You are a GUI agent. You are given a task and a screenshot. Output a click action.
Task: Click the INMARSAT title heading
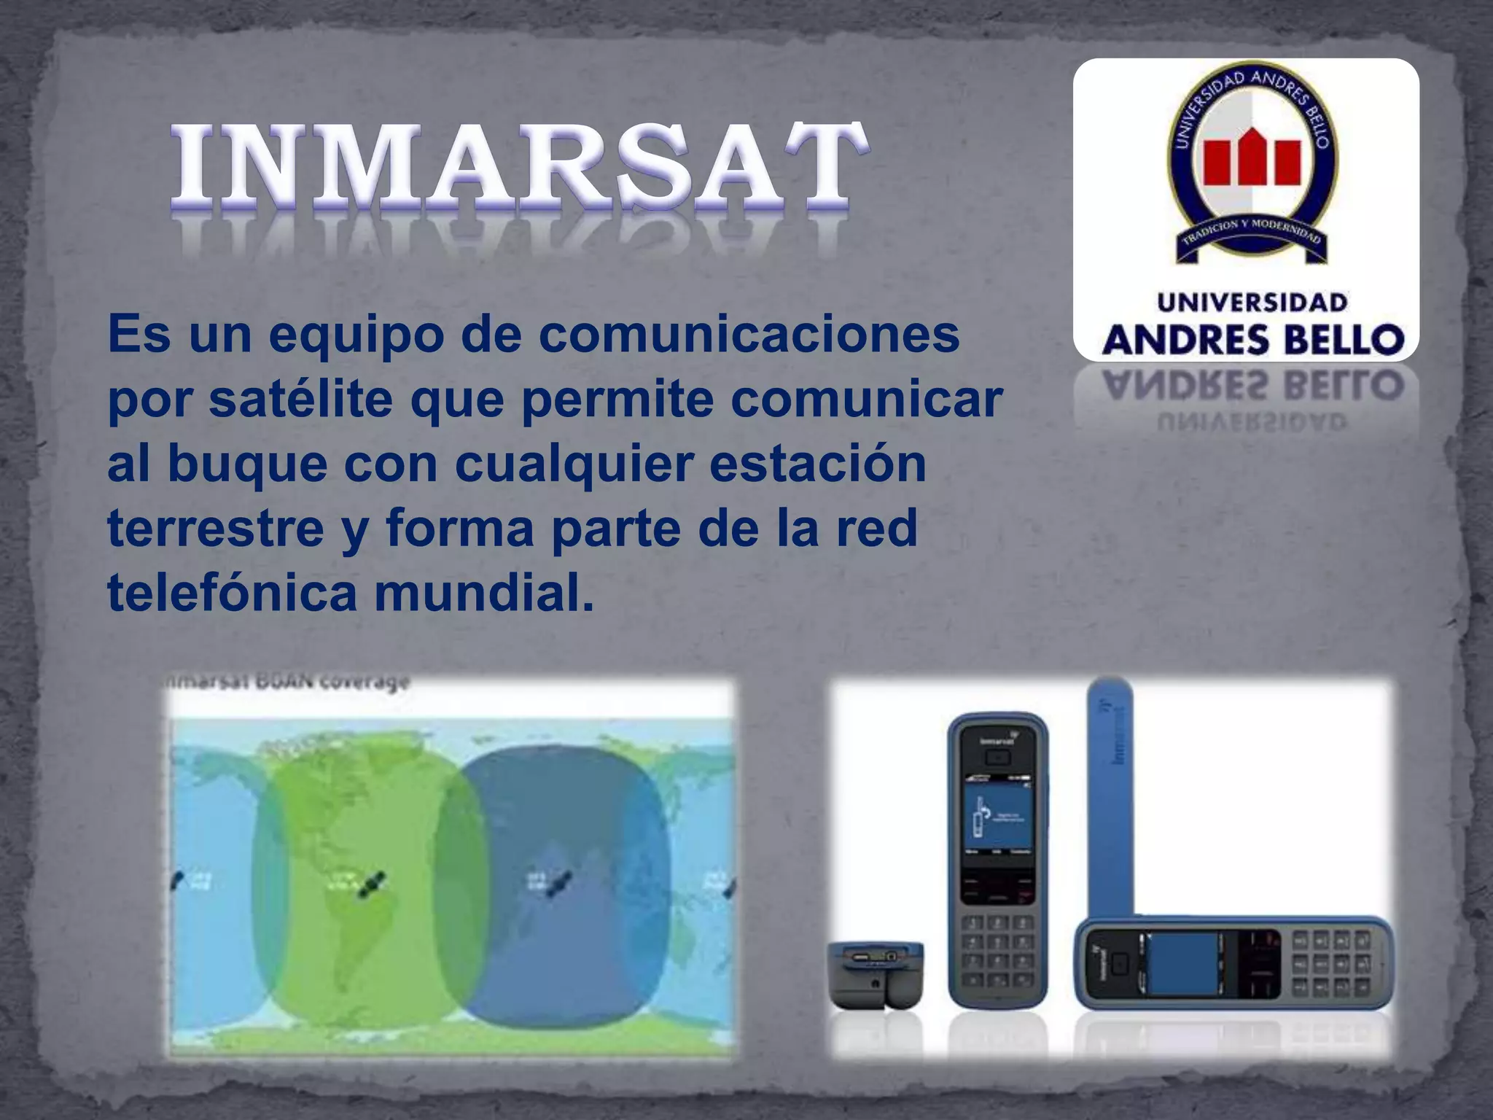click(519, 166)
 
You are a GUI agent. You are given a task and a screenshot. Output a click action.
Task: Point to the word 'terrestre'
click(216, 528)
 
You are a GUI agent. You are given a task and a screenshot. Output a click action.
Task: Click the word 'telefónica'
click(232, 592)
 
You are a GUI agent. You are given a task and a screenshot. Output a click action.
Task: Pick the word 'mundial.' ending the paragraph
click(484, 592)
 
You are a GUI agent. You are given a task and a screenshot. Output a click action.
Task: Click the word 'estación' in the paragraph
click(817, 464)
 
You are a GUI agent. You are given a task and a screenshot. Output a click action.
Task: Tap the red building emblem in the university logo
click(1251, 159)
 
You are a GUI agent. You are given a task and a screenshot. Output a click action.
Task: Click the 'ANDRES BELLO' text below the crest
click(1252, 340)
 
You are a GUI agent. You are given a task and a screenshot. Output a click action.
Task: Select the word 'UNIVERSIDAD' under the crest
click(1252, 302)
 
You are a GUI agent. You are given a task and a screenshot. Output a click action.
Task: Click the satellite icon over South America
click(372, 884)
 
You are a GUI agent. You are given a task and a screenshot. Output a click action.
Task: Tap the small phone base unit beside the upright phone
click(876, 973)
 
